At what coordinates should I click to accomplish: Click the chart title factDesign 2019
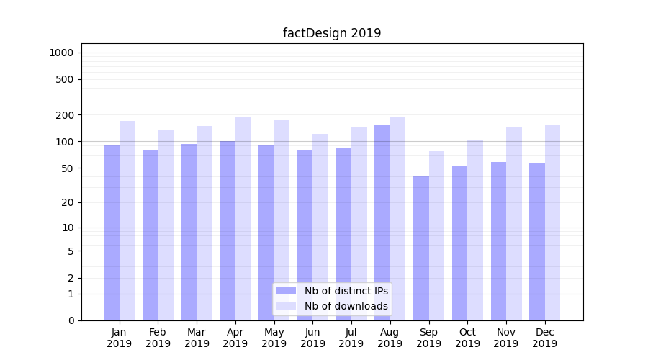332,33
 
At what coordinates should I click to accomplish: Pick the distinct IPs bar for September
421,248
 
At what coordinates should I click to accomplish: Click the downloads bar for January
127,220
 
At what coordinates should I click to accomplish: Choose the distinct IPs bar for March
189,230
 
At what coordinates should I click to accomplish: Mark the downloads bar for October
475,230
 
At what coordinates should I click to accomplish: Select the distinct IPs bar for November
498,241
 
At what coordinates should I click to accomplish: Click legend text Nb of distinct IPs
346,291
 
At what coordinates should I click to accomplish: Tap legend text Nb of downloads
346,306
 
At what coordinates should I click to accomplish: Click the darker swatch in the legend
286,291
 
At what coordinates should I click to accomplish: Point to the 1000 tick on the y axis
61,53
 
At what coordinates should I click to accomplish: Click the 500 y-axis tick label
65,79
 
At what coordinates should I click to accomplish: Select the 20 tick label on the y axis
67,202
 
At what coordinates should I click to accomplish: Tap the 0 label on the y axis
71,320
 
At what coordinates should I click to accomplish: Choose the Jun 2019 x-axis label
312,338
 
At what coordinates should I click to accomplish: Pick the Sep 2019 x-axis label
428,338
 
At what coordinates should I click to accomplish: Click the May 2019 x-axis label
274,338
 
